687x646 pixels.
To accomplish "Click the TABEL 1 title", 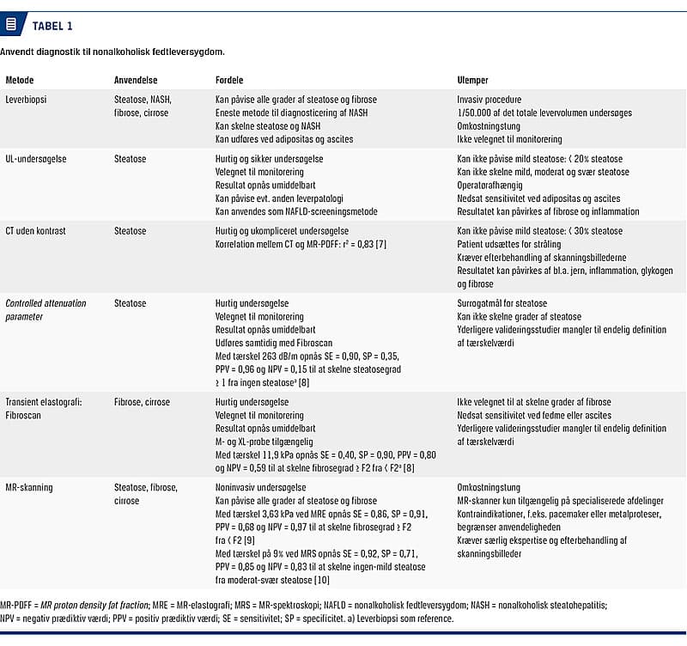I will pos(52,26).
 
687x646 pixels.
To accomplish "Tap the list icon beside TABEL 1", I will pos(12,24).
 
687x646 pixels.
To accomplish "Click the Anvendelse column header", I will pos(136,80).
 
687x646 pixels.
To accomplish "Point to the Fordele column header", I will pos(229,80).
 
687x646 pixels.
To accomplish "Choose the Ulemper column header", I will pos(473,80).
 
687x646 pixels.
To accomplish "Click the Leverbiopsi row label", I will pos(27,100).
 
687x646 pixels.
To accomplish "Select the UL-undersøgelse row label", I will pos(36,159).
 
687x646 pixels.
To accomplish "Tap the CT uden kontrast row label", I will pos(35,231).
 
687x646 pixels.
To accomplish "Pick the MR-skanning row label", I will pos(29,487).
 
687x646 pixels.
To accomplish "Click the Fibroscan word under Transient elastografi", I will pos(24,415).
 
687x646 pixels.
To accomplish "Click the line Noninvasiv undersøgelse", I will pos(260,487).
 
